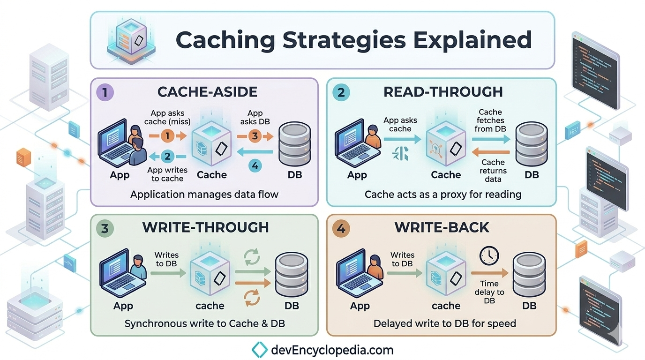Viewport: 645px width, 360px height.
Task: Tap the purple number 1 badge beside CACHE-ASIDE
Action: click(x=105, y=92)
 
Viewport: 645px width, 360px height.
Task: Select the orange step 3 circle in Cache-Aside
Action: click(x=255, y=135)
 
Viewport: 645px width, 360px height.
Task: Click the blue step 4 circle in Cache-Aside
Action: click(x=255, y=166)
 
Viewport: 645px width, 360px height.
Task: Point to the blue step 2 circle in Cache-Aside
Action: click(x=167, y=157)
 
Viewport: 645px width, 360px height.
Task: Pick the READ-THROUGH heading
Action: click(x=443, y=92)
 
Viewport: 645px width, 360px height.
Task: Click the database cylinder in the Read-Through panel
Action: click(x=531, y=144)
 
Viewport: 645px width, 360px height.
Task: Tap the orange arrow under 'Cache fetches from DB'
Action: click(x=491, y=152)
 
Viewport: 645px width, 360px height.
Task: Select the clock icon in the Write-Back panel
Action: click(x=489, y=256)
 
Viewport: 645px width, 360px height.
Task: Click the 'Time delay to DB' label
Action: click(x=489, y=292)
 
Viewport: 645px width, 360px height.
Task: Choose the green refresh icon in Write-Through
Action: click(x=252, y=257)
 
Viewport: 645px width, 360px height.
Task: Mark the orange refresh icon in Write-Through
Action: click(x=252, y=298)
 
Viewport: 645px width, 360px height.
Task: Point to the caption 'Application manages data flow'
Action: click(x=204, y=195)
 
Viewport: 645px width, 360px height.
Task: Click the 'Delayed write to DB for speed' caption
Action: click(x=444, y=323)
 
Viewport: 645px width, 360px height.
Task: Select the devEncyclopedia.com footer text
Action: click(x=332, y=350)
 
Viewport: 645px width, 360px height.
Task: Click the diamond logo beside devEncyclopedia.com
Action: click(x=259, y=350)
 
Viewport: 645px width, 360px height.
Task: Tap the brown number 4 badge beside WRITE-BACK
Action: click(x=341, y=229)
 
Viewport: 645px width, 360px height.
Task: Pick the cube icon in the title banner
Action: click(x=131, y=40)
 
